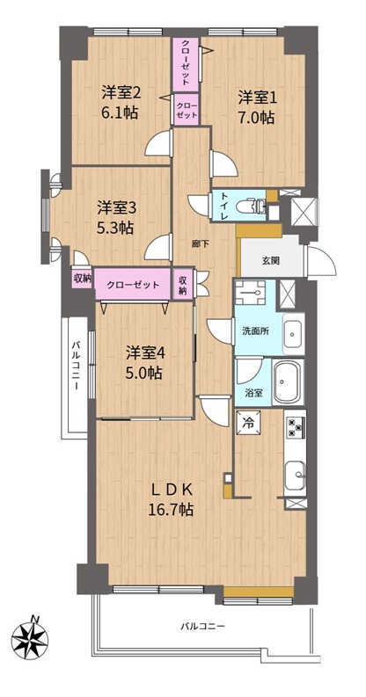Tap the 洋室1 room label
point(257,98)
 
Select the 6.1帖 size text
point(118,113)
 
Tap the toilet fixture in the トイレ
point(252,207)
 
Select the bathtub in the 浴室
point(289,381)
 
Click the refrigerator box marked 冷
point(249,423)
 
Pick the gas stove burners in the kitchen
point(295,428)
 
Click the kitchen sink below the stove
point(295,476)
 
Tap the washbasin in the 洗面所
point(294,333)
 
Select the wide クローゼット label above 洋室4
point(132,285)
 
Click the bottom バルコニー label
point(202,627)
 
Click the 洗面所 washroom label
point(254,331)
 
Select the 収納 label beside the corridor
point(183,285)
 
